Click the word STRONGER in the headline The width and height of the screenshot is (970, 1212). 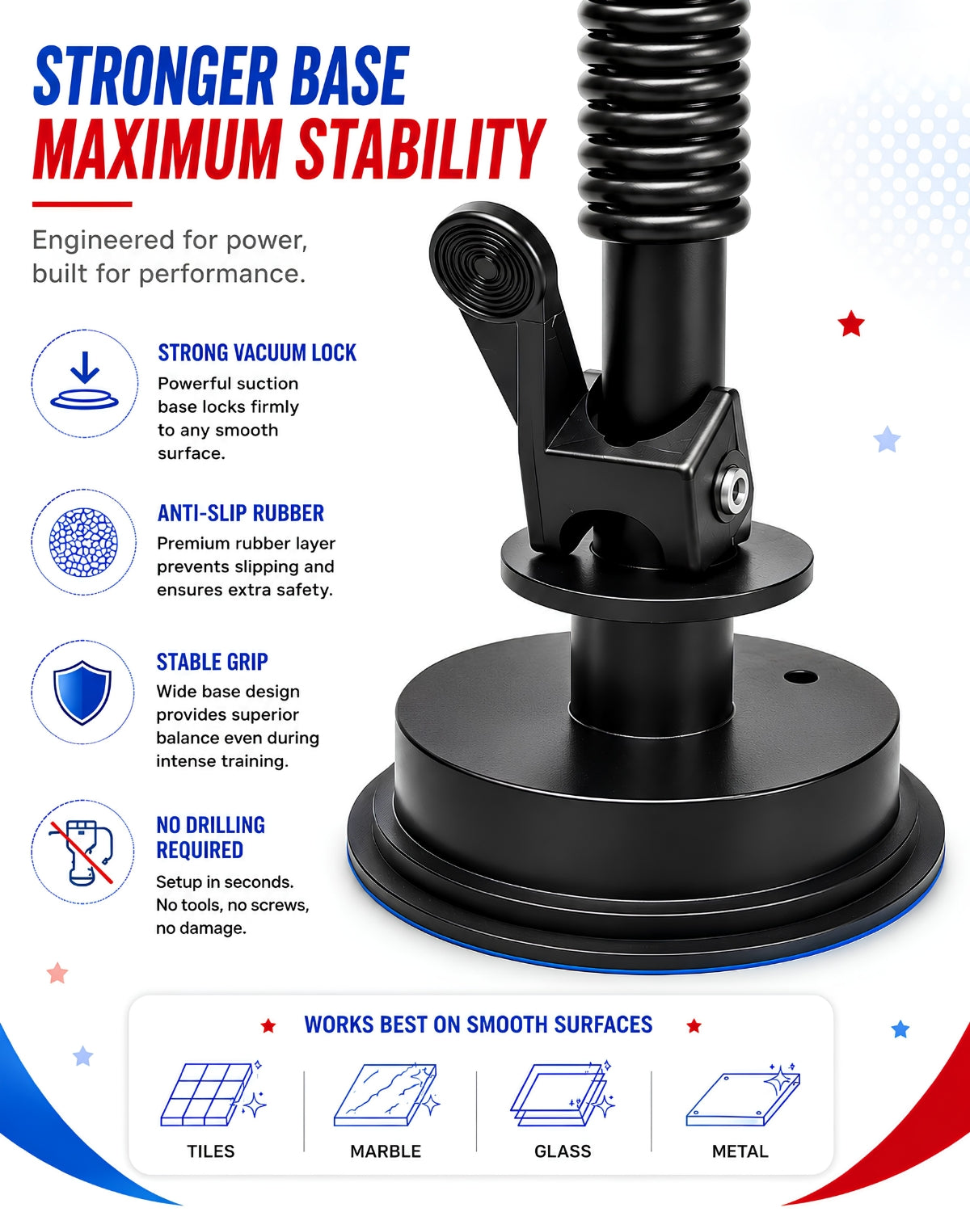154,76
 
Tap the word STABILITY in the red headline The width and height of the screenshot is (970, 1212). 421,149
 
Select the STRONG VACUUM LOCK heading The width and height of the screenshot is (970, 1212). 257,353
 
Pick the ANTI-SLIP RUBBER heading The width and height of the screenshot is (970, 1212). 241,513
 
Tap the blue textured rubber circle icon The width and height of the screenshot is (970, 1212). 83,542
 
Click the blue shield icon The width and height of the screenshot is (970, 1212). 82,692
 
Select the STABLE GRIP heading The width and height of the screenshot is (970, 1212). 212,662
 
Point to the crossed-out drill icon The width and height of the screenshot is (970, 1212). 82,852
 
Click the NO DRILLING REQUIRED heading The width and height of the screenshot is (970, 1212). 211,837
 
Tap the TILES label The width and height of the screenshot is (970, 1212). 211,1151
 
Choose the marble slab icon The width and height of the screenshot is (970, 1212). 386,1096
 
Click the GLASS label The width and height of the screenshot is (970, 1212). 563,1151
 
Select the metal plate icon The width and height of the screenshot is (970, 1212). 743,1096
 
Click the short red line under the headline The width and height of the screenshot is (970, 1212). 82,204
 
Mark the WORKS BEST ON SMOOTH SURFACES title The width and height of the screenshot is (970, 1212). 479,1025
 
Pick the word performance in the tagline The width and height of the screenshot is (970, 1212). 222,274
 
